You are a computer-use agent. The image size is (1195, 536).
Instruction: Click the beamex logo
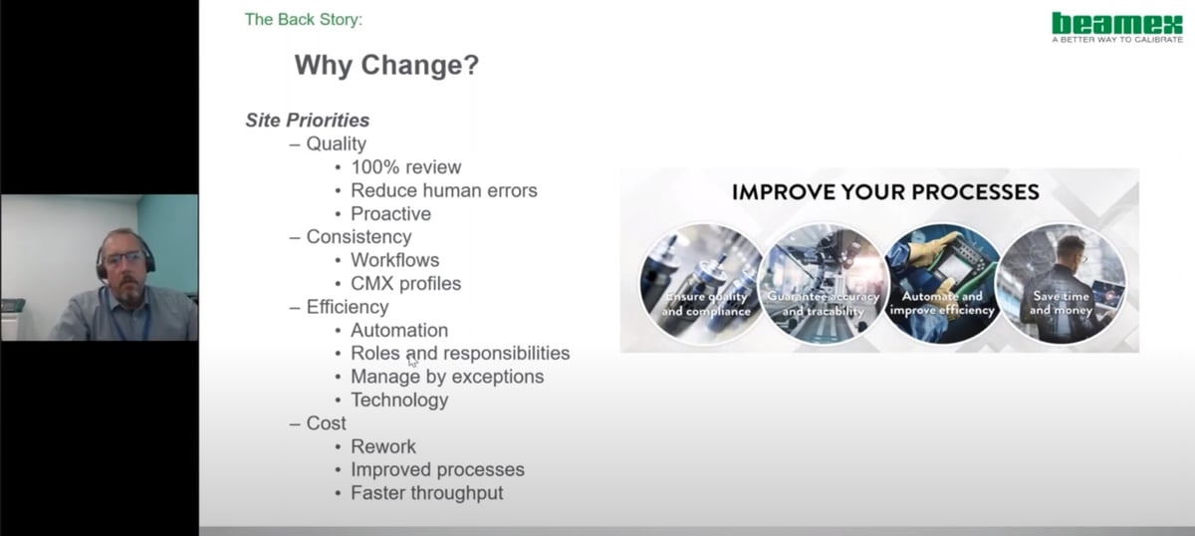[1116, 25]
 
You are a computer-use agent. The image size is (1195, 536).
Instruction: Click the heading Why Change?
[386, 67]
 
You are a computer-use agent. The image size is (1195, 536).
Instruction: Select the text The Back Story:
[304, 18]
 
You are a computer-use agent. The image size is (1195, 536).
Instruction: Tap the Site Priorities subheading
[308, 121]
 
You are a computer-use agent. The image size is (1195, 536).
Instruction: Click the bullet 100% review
[405, 167]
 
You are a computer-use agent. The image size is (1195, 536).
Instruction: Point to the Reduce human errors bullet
[443, 190]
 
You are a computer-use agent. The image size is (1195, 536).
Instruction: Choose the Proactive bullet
[390, 214]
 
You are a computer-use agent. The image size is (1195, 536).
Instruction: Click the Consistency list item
[358, 237]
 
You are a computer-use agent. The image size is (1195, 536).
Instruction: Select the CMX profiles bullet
[405, 284]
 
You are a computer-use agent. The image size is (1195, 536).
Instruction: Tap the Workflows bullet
[394, 260]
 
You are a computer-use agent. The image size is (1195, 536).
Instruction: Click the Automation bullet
[399, 330]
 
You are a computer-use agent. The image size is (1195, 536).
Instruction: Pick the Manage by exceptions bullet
[447, 377]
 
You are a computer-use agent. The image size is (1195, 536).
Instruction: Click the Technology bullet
[399, 401]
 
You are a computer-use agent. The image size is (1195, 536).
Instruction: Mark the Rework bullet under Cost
[383, 446]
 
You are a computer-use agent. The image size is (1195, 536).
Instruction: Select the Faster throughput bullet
[426, 493]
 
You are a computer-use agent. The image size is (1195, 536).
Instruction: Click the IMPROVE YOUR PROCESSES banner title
[885, 192]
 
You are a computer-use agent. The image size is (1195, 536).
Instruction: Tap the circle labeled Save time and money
[1061, 283]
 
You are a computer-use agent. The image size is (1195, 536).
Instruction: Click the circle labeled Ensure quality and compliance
[704, 283]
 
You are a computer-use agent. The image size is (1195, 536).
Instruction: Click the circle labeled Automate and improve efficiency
[942, 283]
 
